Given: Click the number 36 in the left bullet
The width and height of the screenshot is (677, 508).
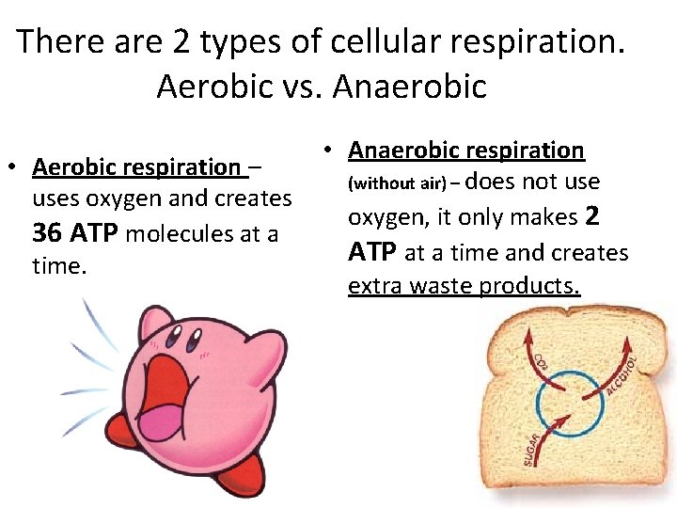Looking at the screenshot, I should pos(48,232).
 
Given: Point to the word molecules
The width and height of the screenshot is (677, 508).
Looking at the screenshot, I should pos(175,233).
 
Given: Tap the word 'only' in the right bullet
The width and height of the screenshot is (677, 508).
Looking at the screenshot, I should pos(474,217).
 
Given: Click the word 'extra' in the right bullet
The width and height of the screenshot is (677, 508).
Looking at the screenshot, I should pos(372,286).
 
